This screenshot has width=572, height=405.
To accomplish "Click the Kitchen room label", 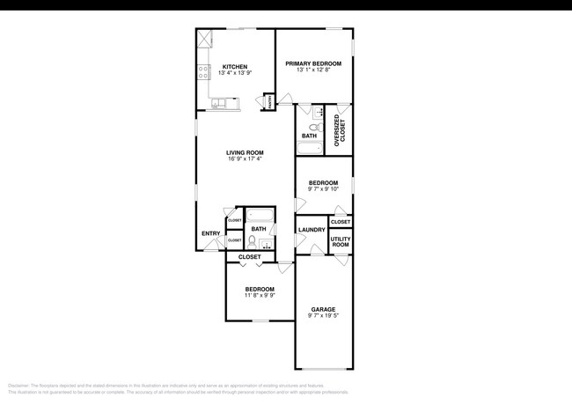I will click(235, 67).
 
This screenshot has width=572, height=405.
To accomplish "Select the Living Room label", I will click(246, 152).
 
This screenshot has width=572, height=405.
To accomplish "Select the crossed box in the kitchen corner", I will click(205, 38).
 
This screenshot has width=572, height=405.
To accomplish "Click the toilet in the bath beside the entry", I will click(253, 240).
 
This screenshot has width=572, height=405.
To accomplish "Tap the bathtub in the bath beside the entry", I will click(260, 214).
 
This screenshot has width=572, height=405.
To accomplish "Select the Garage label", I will click(323, 310).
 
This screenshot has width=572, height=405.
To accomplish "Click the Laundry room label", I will click(312, 230).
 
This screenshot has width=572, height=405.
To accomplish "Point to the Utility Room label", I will click(341, 241).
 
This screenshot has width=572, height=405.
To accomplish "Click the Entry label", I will click(211, 233).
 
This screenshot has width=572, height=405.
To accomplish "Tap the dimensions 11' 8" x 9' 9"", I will click(260, 296).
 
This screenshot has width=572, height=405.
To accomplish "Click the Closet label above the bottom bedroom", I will click(250, 257).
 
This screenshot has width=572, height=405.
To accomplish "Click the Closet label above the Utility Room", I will click(341, 222).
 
